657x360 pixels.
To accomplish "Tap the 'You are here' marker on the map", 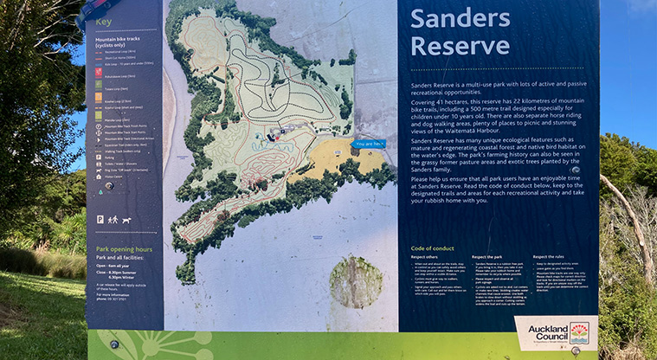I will point(369,144).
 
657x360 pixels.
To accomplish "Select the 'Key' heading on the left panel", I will point(104,22).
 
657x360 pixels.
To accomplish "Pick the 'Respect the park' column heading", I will point(490,257).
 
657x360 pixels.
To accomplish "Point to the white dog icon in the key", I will point(126,220).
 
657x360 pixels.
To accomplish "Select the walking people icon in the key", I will point(113,220).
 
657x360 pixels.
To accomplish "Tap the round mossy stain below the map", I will point(356,282).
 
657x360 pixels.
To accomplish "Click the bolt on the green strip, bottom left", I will point(113,344).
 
